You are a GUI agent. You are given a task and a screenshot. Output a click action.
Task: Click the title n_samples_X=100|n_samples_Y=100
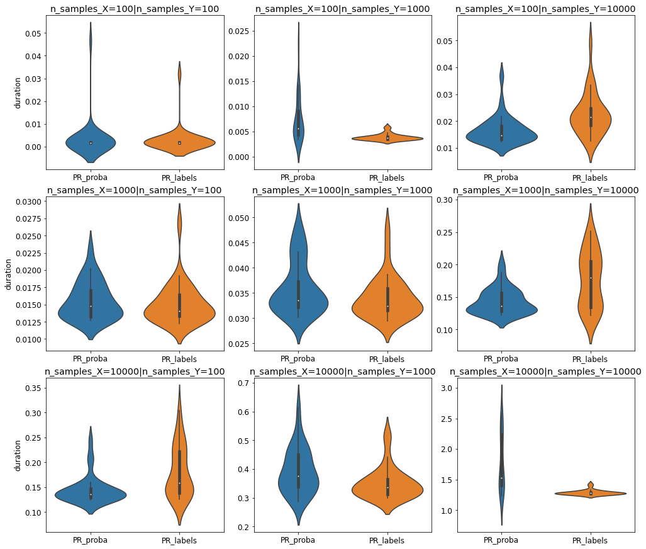click(135, 8)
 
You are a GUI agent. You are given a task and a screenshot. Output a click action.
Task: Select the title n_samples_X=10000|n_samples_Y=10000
click(545, 371)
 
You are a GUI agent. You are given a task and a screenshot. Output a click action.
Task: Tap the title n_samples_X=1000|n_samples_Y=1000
click(342, 190)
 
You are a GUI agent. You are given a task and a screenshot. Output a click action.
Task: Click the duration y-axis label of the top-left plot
click(18, 93)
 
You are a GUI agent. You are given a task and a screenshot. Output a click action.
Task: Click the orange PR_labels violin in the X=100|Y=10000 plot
click(591, 120)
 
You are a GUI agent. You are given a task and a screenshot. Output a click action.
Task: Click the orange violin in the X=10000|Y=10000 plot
click(591, 493)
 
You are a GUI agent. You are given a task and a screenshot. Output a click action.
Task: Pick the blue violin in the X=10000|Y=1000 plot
click(298, 478)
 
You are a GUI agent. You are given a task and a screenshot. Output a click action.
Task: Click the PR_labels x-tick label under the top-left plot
click(179, 178)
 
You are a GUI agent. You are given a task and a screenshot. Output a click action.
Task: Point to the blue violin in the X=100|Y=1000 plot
click(298, 126)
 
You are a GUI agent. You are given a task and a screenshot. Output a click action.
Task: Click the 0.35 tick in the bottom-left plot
click(33, 388)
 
